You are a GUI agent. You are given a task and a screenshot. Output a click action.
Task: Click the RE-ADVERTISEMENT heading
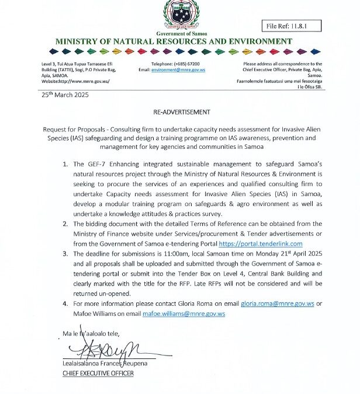click(179, 111)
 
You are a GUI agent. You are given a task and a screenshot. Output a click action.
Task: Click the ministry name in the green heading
click(174, 41)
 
